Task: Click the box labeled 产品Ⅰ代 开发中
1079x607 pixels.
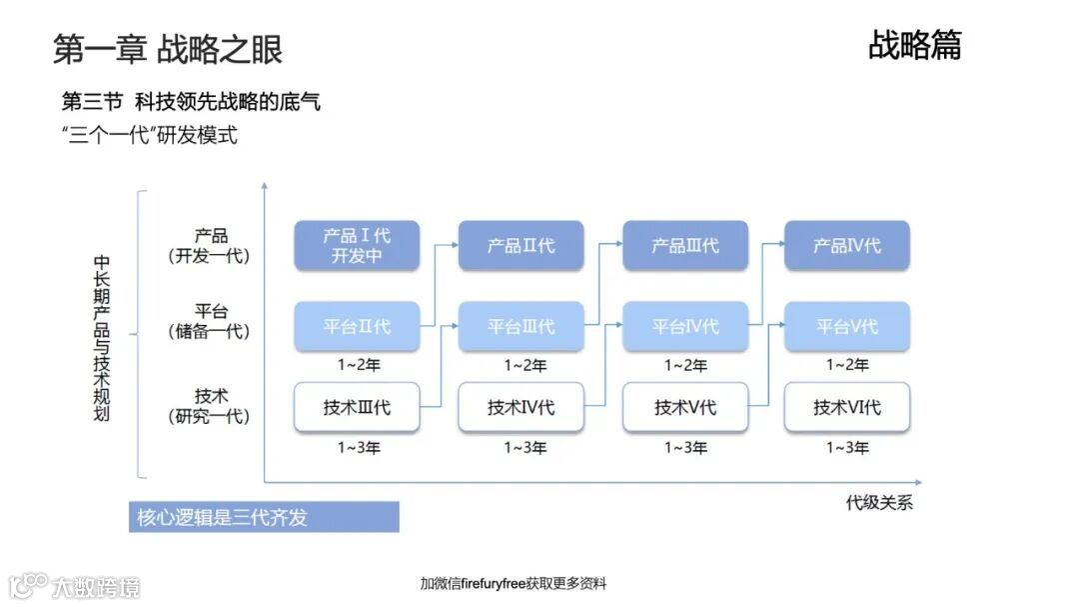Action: [357, 246]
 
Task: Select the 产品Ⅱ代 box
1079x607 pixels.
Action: [521, 246]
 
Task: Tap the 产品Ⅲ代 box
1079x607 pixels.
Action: [684, 246]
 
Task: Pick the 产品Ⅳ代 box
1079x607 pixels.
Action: [847, 246]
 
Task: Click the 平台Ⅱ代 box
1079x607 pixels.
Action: [357, 327]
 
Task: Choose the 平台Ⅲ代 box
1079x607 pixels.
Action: [521, 327]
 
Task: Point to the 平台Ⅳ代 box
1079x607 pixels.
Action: [684, 327]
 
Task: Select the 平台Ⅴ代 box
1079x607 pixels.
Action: [847, 327]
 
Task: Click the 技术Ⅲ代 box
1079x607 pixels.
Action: [357, 408]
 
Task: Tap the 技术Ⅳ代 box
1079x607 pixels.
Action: [521, 408]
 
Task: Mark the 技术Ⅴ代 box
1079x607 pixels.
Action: [684, 408]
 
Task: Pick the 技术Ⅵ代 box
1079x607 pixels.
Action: [847, 408]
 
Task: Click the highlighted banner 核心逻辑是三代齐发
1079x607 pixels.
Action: [264, 517]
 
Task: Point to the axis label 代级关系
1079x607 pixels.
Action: [879, 502]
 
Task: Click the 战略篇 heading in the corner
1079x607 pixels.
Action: [914, 45]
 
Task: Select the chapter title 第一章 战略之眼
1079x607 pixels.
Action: [168, 49]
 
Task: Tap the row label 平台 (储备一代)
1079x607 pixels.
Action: [210, 321]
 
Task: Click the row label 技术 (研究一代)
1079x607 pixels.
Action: [210, 406]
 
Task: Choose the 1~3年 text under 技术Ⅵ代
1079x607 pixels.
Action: [847, 448]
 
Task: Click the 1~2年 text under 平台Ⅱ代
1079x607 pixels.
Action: [357, 366]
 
